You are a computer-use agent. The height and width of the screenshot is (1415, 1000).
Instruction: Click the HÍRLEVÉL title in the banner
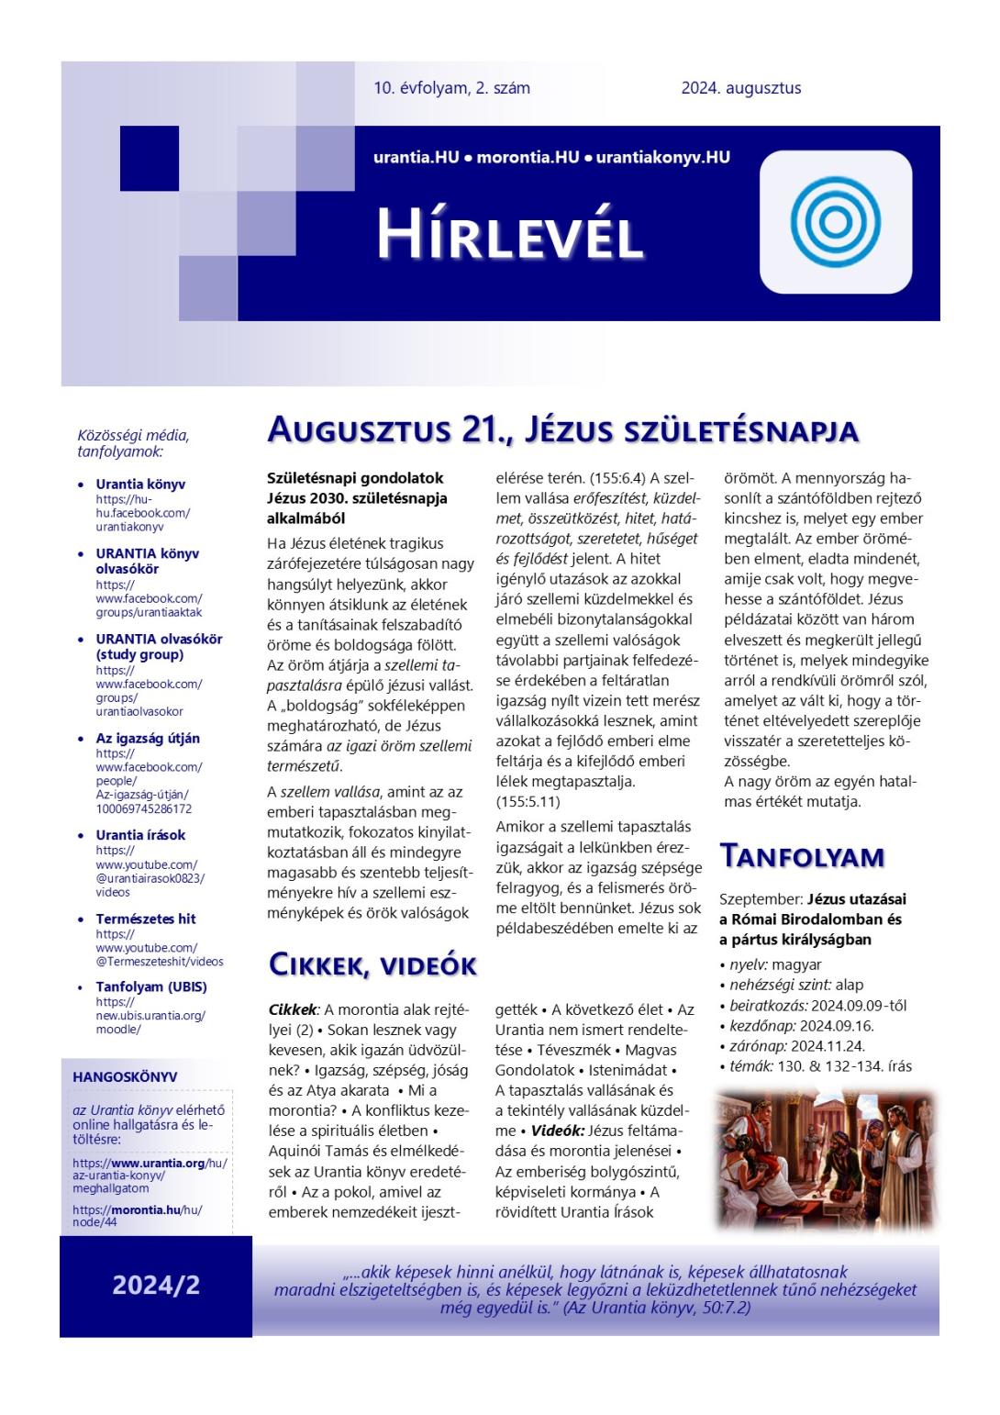click(509, 234)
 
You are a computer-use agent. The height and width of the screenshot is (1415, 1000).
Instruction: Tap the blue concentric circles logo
click(835, 222)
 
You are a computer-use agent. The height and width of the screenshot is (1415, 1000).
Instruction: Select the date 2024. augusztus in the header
click(740, 88)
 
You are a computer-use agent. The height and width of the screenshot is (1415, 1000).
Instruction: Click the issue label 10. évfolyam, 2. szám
click(451, 88)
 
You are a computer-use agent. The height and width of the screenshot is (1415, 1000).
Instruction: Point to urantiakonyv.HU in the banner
click(662, 157)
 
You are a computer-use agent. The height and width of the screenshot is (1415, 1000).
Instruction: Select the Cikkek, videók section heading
click(372, 964)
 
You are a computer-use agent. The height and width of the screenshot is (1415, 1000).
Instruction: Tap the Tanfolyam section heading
click(802, 855)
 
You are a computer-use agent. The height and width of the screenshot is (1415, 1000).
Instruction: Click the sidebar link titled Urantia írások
click(140, 835)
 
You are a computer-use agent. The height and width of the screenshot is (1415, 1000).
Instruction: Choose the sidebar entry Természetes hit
click(146, 919)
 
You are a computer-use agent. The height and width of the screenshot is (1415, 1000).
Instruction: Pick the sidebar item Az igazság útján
click(148, 738)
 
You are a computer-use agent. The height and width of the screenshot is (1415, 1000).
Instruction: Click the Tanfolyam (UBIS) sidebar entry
click(151, 986)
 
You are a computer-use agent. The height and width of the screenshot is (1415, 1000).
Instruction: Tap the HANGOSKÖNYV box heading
click(125, 1076)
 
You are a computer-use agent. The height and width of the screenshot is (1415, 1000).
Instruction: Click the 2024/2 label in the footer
click(156, 1285)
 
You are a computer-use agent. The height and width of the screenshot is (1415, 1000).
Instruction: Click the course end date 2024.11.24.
click(828, 1045)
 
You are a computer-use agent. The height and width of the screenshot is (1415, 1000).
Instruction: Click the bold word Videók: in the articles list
click(557, 1131)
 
